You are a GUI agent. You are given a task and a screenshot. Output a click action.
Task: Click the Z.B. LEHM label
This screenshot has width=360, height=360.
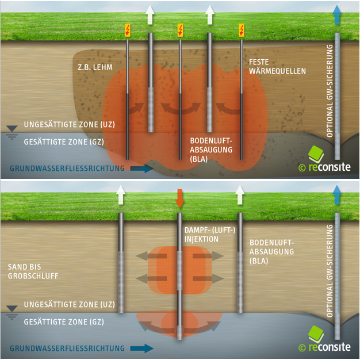(94, 68)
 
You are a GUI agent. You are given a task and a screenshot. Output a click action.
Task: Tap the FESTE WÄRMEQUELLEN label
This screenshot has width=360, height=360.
(277, 67)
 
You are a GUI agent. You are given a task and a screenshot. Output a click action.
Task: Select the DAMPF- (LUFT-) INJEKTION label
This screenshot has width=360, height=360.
(206, 234)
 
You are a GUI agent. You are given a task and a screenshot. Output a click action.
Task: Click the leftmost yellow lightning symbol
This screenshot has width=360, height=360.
(128, 30)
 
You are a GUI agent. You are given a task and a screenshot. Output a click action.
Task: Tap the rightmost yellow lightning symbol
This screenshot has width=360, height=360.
(242, 30)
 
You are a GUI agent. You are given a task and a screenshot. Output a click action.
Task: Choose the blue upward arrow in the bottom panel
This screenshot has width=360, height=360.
(337, 196)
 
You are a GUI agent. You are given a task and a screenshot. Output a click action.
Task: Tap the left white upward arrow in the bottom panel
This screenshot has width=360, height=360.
(121, 196)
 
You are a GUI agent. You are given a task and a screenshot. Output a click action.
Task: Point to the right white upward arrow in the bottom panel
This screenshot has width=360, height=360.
(240, 196)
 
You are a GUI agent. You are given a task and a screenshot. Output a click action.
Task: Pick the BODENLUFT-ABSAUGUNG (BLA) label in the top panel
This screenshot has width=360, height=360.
(210, 149)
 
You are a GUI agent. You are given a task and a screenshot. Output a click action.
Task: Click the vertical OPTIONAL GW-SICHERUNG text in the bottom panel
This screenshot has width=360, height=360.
(330, 271)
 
